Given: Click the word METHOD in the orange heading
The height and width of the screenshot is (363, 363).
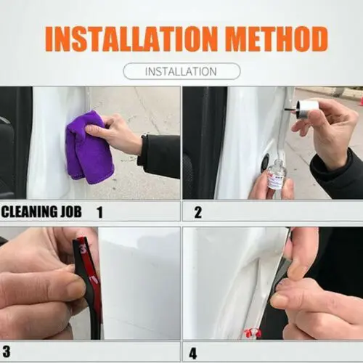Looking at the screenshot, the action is pyautogui.click(x=277, y=39).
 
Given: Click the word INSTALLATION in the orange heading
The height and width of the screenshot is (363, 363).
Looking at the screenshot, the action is pyautogui.click(x=131, y=39).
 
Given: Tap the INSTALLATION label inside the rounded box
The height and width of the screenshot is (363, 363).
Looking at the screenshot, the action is pyautogui.click(x=181, y=72).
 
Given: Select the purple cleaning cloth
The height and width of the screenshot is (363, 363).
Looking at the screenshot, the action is pyautogui.click(x=89, y=147).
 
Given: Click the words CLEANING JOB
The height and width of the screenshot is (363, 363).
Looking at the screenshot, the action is pyautogui.click(x=41, y=211).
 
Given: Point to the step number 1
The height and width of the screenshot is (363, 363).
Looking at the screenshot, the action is pyautogui.click(x=99, y=212).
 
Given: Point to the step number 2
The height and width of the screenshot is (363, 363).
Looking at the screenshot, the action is pyautogui.click(x=198, y=213).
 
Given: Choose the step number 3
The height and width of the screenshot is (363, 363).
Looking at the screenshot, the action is pyautogui.click(x=7, y=351).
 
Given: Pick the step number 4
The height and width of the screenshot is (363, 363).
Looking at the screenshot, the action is pyautogui.click(x=193, y=354).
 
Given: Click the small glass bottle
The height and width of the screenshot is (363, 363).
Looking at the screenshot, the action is pyautogui.click(x=276, y=175).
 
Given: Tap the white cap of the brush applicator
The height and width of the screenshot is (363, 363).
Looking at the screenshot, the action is pyautogui.click(x=308, y=106).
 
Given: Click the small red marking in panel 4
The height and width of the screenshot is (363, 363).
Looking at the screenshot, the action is pyautogui.click(x=253, y=333).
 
